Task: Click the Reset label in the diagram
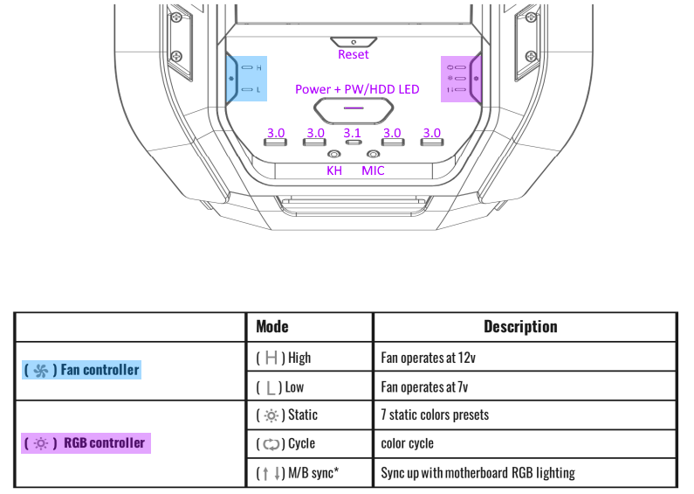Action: click(x=354, y=54)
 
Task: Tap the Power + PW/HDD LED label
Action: click(x=357, y=89)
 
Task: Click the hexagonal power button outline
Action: click(x=354, y=110)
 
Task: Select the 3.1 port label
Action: click(x=353, y=133)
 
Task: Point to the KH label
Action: click(x=334, y=170)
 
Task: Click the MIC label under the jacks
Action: click(x=373, y=170)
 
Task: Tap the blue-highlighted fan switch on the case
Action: click(x=244, y=78)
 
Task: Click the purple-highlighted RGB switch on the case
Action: click(x=462, y=78)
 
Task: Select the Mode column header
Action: click(x=272, y=326)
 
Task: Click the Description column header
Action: click(x=520, y=326)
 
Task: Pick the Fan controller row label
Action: click(x=81, y=370)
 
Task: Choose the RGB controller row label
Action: click(x=86, y=442)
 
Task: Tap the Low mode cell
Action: click(x=282, y=386)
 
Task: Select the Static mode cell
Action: click(x=287, y=415)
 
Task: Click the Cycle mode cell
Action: click(x=286, y=444)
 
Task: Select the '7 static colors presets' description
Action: click(x=435, y=415)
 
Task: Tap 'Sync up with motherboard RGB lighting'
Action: click(x=478, y=473)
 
